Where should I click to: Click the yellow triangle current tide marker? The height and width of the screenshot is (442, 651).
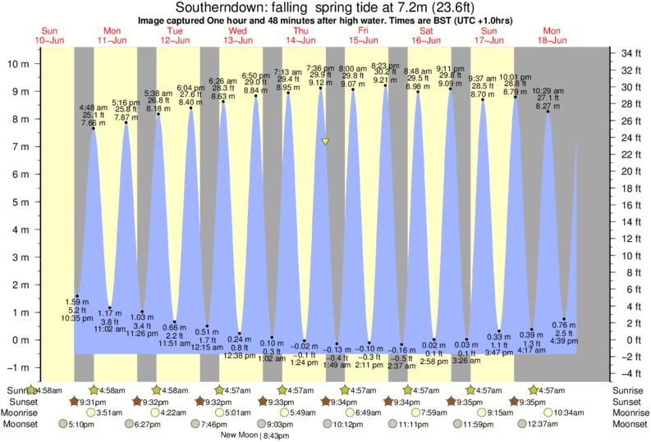pyautogui.click(x=326, y=142)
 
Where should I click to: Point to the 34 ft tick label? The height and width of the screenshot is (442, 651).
pyautogui.click(x=630, y=53)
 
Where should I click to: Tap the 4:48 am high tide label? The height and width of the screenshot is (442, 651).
pyautogui.click(x=93, y=107)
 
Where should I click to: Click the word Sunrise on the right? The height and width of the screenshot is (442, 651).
pyautogui.click(x=630, y=390)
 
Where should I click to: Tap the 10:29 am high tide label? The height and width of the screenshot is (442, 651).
pyautogui.click(x=548, y=90)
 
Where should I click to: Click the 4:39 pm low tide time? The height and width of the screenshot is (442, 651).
pyautogui.click(x=564, y=342)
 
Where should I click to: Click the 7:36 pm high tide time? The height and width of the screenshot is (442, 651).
pyautogui.click(x=320, y=67)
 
